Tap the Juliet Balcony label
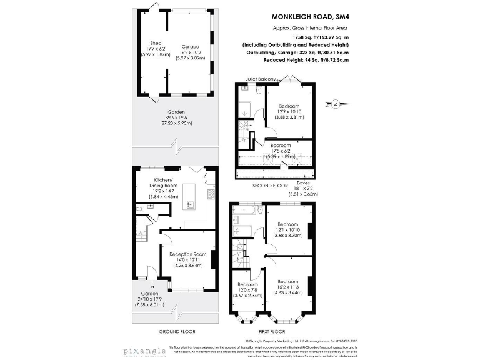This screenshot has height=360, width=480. tap(250, 79)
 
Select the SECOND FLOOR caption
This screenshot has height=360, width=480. tap(271, 186)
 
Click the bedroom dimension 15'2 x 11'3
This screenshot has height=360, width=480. tap(287, 287)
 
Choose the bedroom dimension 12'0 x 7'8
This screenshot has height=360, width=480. tap(249, 290)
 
